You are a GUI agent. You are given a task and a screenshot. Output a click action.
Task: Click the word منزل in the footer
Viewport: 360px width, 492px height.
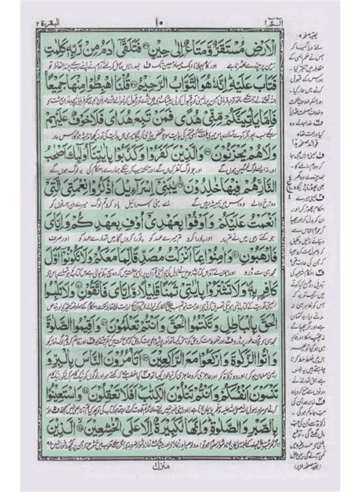180,481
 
